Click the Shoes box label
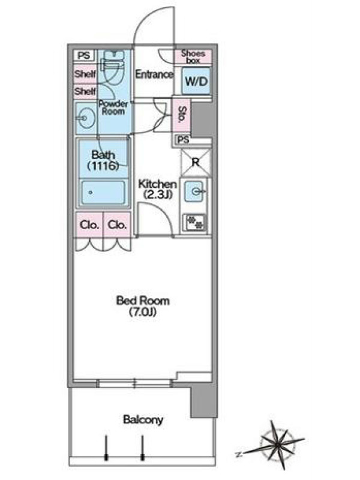tap(193, 56)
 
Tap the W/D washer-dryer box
tap(196, 81)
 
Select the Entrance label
tap(154, 74)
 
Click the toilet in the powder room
tap(113, 65)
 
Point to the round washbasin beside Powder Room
tap(86, 118)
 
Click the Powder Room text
tap(113, 107)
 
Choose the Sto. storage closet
tap(182, 115)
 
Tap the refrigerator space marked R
tap(196, 162)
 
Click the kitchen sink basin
tap(194, 191)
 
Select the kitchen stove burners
tap(194, 222)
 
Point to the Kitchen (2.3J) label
tap(157, 189)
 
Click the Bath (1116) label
tap(103, 160)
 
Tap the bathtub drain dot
tap(91, 193)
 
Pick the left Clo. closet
tap(89, 224)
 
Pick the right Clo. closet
tap(117, 224)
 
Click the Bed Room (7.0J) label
tap(143, 306)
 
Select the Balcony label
tap(143, 419)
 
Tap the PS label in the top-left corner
tap(84, 55)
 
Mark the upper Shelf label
tap(85, 74)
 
